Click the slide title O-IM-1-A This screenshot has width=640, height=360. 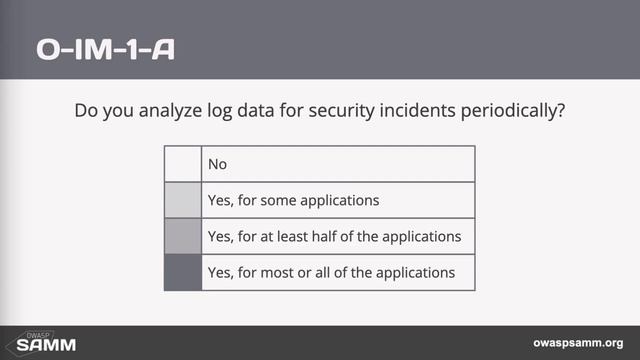click(105, 49)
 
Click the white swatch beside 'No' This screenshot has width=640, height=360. click(183, 164)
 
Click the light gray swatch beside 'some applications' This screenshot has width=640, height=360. click(183, 200)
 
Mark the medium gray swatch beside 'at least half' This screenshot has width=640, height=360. click(183, 237)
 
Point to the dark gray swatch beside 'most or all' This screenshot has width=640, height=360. click(183, 272)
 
